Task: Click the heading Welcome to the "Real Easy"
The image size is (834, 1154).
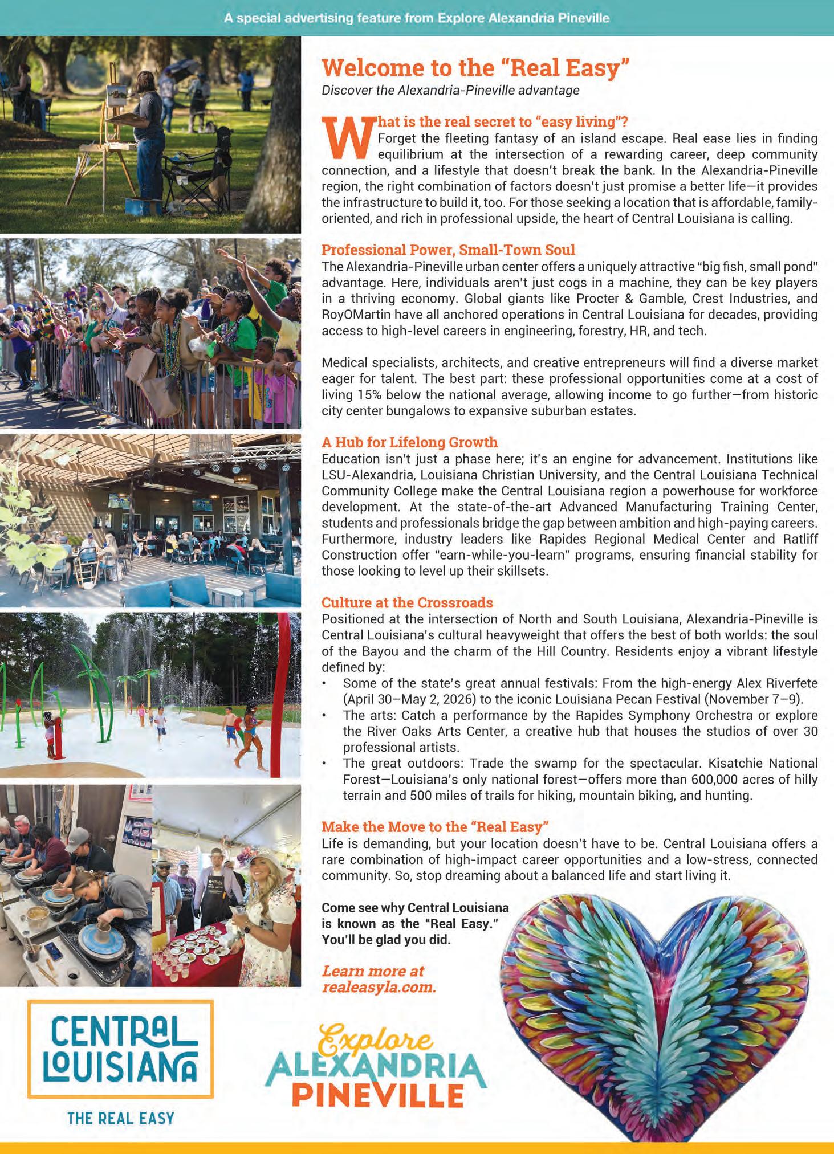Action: pos(475,68)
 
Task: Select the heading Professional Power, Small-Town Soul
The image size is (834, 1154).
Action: pos(448,250)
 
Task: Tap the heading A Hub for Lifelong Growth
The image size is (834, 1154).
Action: pos(409,442)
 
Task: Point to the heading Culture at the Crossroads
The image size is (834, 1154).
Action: pos(407,602)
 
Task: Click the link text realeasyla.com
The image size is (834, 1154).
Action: pos(379,987)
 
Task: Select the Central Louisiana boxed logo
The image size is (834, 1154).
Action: pos(121,1049)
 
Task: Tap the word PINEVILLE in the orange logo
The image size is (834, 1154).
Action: pos(377,1095)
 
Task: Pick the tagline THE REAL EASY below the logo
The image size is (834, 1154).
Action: pos(121,1118)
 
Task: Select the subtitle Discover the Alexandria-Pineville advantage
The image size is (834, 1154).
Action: pos(450,90)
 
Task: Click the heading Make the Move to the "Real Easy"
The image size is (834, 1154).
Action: pos(435,827)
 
